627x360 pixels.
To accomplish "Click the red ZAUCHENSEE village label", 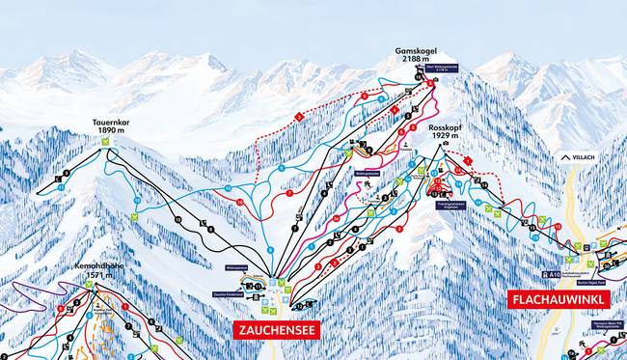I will [x=277, y=329].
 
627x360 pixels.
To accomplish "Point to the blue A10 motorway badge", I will [x=550, y=275].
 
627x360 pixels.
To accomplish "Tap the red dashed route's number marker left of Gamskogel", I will [x=300, y=117].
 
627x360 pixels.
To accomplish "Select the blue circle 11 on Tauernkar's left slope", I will [x=60, y=187].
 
